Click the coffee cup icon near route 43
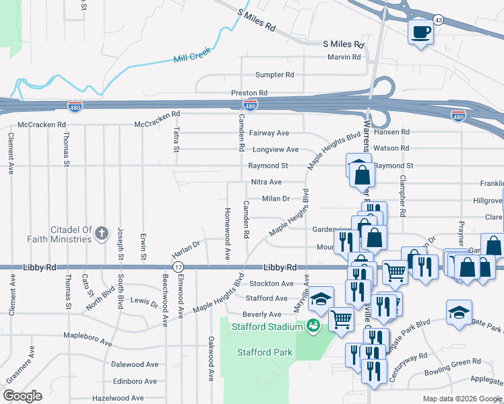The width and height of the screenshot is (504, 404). click(420, 32)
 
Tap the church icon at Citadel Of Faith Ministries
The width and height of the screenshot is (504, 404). click(102, 234)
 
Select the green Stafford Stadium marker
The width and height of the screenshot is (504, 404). click(313, 327)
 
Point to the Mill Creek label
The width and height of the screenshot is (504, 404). click(192, 55)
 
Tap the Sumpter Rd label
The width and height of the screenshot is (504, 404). click(274, 75)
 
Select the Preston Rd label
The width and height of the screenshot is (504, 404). click(249, 93)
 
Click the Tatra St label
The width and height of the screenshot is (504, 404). click(175, 139)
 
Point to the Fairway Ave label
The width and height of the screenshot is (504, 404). click(269, 133)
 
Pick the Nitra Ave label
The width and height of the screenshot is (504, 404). click(265, 182)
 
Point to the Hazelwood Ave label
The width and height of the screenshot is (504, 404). click(118, 399)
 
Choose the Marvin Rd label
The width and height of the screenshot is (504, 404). click(344, 57)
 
